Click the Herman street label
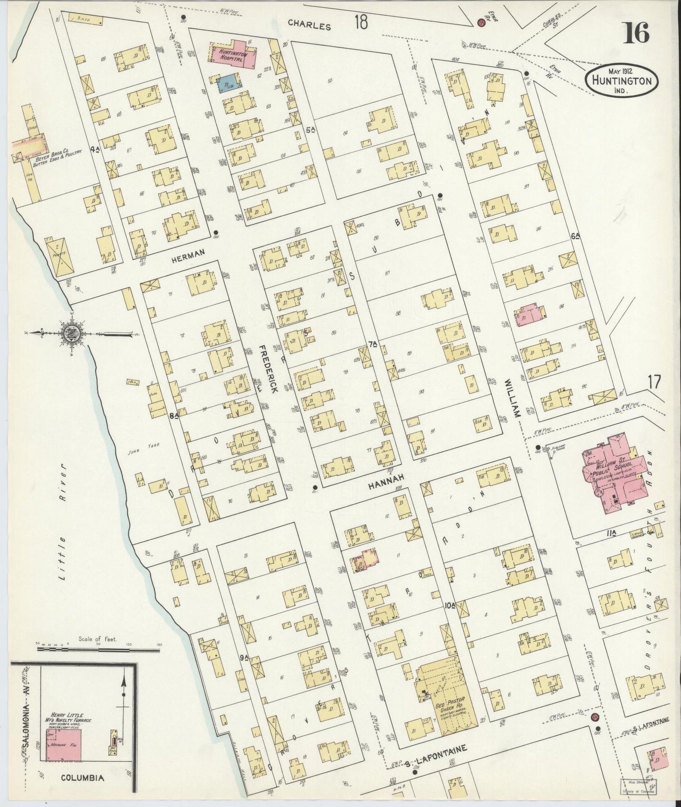188,253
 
